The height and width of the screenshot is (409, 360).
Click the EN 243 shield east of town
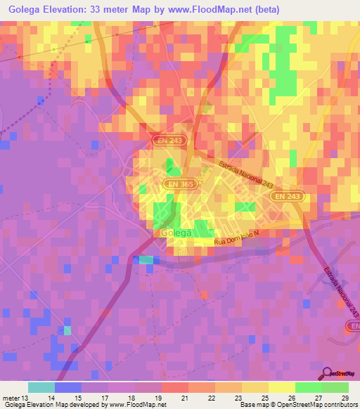(x=287, y=197)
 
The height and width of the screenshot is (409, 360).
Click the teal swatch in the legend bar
(x=41, y=387)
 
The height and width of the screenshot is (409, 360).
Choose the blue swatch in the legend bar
(x=68, y=387)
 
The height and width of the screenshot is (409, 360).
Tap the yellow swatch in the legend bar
(x=281, y=387)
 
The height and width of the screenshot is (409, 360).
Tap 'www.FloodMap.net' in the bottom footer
(x=136, y=405)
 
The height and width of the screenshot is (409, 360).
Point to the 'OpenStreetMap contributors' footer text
(x=317, y=405)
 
